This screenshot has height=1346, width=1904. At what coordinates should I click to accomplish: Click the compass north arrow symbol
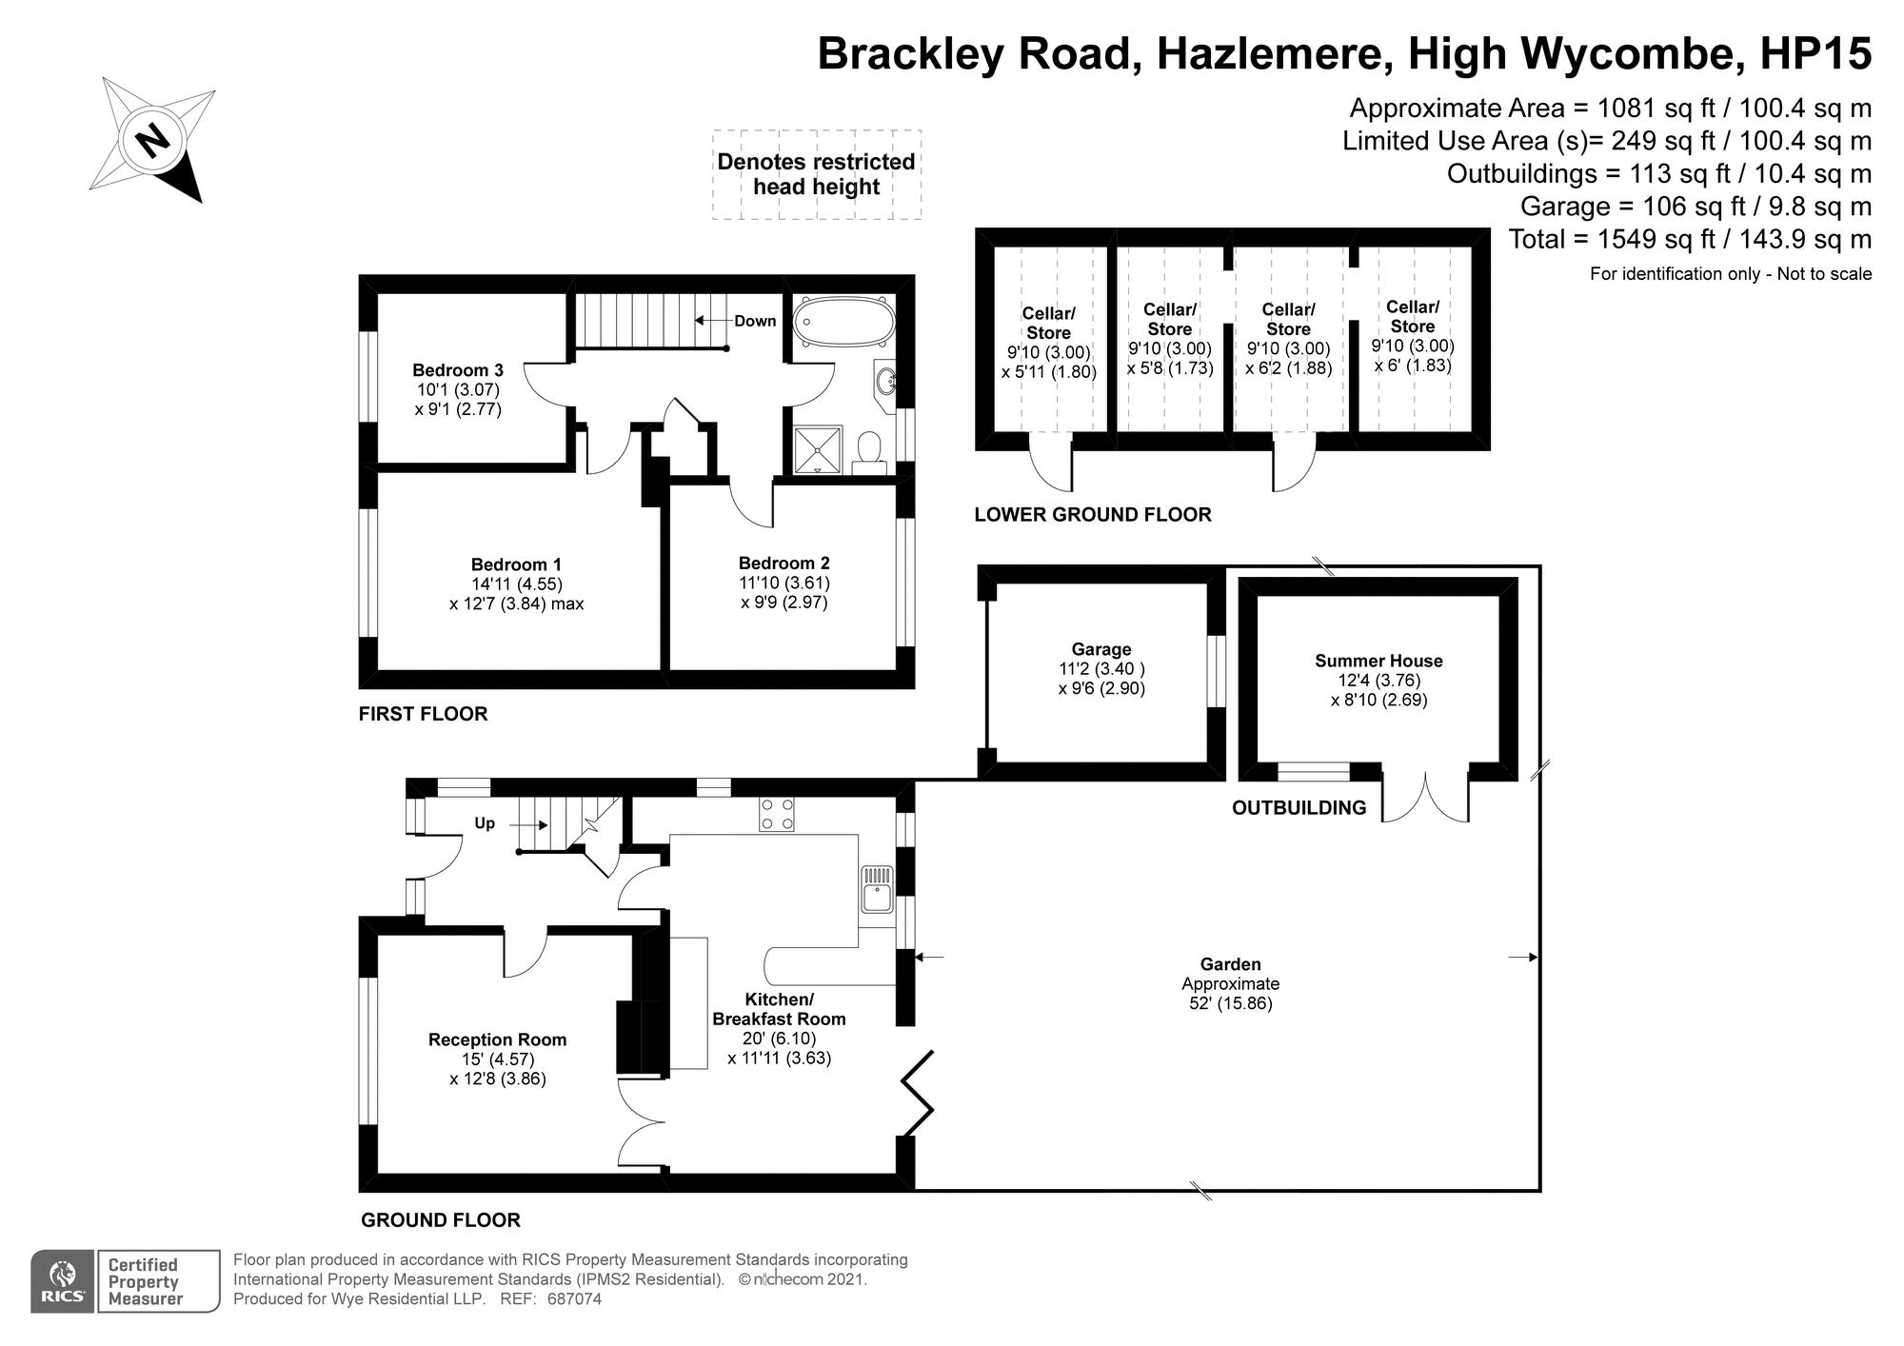pos(152,141)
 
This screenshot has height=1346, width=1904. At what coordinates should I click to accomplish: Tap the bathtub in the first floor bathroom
pos(843,322)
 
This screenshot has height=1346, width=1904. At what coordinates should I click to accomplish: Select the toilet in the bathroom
pos(869,453)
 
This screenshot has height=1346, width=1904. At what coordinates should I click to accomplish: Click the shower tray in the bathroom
pos(818,449)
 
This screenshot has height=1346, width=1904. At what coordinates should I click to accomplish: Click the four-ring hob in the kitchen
pos(777,815)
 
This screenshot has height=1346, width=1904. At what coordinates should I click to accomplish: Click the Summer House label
pos(1378,661)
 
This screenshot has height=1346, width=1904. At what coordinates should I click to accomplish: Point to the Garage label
pos(1101,650)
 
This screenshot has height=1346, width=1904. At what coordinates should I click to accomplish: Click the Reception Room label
pos(497,1039)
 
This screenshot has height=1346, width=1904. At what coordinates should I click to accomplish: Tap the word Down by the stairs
pos(755,321)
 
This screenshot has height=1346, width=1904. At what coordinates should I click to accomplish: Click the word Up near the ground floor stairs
pos(485,823)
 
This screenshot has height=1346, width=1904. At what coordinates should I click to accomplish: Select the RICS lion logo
pos(63,1280)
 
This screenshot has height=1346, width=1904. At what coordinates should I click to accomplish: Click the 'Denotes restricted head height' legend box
pos(816,174)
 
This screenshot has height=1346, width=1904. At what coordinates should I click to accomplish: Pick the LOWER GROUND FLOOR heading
pos(1093,515)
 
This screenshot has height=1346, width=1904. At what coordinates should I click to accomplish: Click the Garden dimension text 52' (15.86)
pos(1230,1003)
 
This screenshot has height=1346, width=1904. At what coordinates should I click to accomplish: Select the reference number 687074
pos(574,1298)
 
